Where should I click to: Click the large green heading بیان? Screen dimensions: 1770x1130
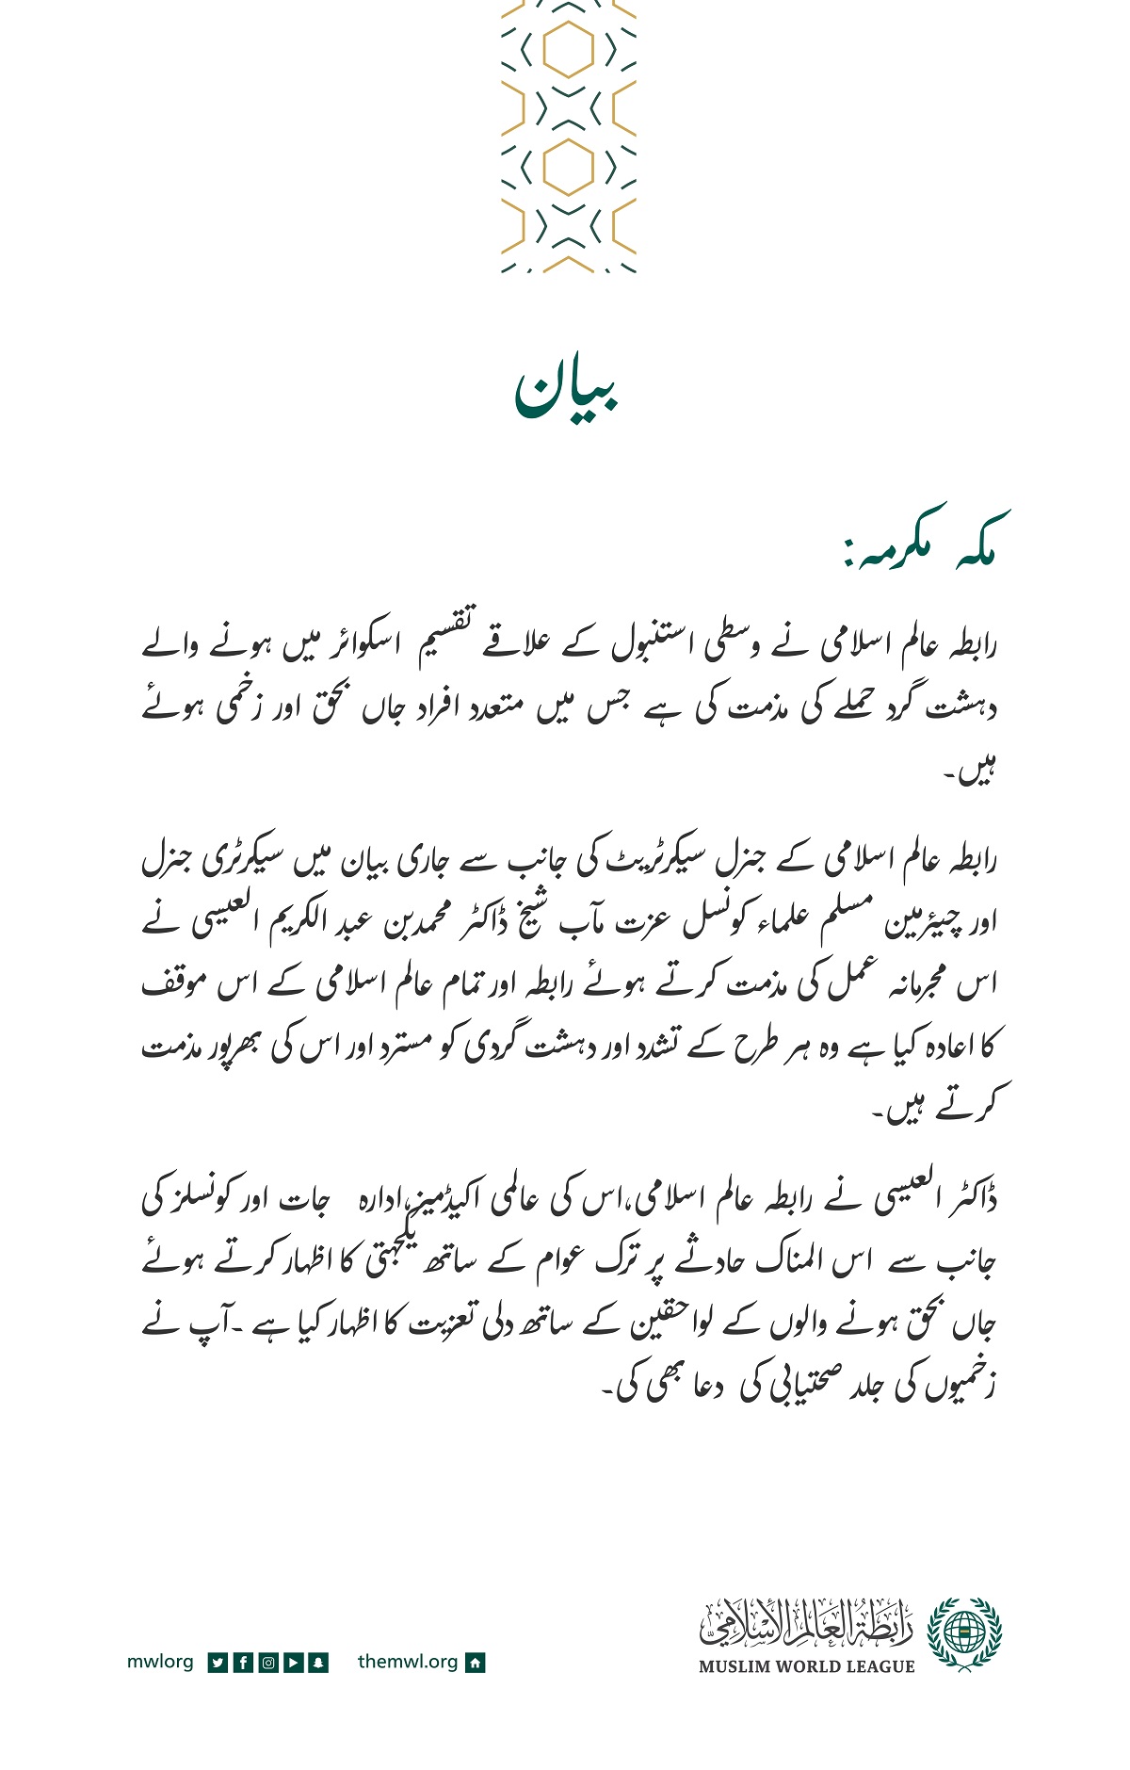click(566, 391)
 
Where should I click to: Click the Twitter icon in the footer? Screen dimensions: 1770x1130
click(217, 1663)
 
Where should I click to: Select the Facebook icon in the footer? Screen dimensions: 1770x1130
click(242, 1663)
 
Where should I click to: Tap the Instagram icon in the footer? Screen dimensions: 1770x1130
click(267, 1663)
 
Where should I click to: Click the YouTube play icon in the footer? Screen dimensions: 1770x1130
click(293, 1663)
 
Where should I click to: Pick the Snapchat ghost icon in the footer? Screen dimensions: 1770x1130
click(318, 1663)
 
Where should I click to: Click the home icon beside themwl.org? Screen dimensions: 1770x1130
click(476, 1663)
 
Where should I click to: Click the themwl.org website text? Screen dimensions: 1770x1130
click(408, 1662)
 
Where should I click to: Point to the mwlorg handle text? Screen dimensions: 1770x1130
click(160, 1662)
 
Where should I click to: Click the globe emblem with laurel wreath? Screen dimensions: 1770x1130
click(964, 1634)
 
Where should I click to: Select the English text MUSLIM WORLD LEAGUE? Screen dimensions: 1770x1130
click(806, 1666)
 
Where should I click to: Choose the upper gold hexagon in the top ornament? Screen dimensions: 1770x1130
click(568, 49)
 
